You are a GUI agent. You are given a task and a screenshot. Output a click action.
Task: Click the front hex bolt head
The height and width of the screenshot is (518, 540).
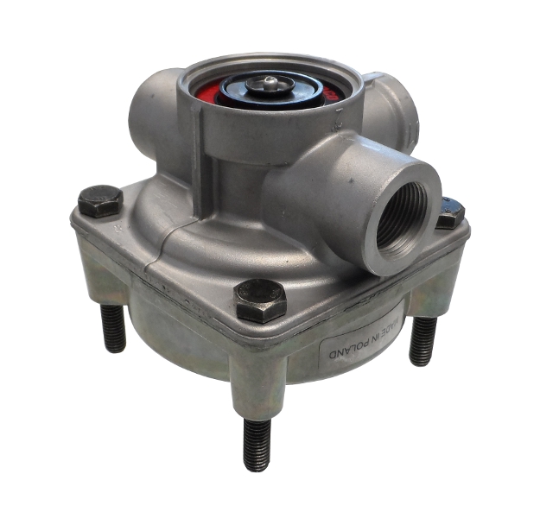click(261, 300)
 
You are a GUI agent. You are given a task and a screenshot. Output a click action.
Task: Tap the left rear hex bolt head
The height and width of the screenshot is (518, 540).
click(100, 201)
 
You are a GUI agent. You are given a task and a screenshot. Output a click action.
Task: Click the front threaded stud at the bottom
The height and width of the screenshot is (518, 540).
click(257, 444)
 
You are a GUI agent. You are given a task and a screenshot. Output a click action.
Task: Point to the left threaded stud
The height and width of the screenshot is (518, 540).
click(112, 328)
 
